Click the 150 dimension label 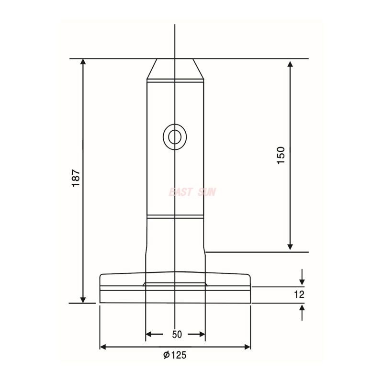point(281,156)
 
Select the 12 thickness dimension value point(300,295)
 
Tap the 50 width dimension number point(177,335)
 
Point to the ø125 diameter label point(175,355)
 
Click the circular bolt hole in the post point(175,136)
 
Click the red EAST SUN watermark point(192,192)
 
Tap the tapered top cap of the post point(175,69)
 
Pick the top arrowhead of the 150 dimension point(290,64)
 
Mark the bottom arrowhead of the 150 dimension point(290,246)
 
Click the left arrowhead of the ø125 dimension point(104,347)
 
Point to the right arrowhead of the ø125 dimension point(247,347)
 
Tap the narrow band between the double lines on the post point(175,217)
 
